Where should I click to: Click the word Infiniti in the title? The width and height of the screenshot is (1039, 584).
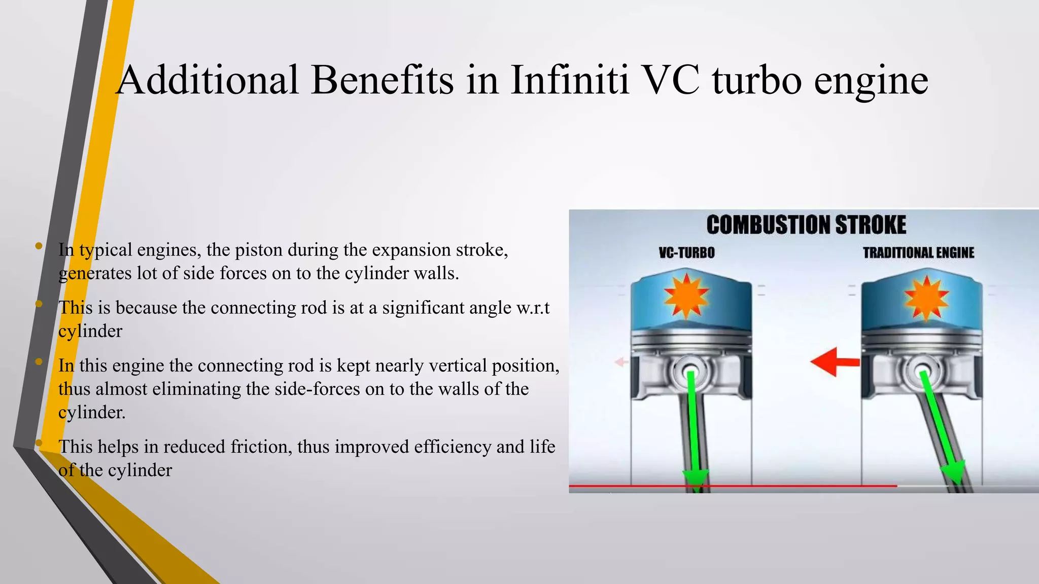pos(570,80)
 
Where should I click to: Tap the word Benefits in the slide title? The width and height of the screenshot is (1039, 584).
pos(382,80)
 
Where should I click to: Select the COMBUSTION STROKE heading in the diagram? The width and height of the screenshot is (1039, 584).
pos(806,225)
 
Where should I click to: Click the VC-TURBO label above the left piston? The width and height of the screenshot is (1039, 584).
pos(686,252)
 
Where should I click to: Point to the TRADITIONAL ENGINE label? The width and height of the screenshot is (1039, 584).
pos(918,252)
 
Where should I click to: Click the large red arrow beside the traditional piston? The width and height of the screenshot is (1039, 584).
pos(834,361)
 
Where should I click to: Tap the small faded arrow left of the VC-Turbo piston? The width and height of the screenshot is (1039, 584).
pos(621,362)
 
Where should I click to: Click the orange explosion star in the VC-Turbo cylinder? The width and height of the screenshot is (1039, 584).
pos(686,297)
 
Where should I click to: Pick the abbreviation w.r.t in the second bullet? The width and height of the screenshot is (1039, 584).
pos(533,308)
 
